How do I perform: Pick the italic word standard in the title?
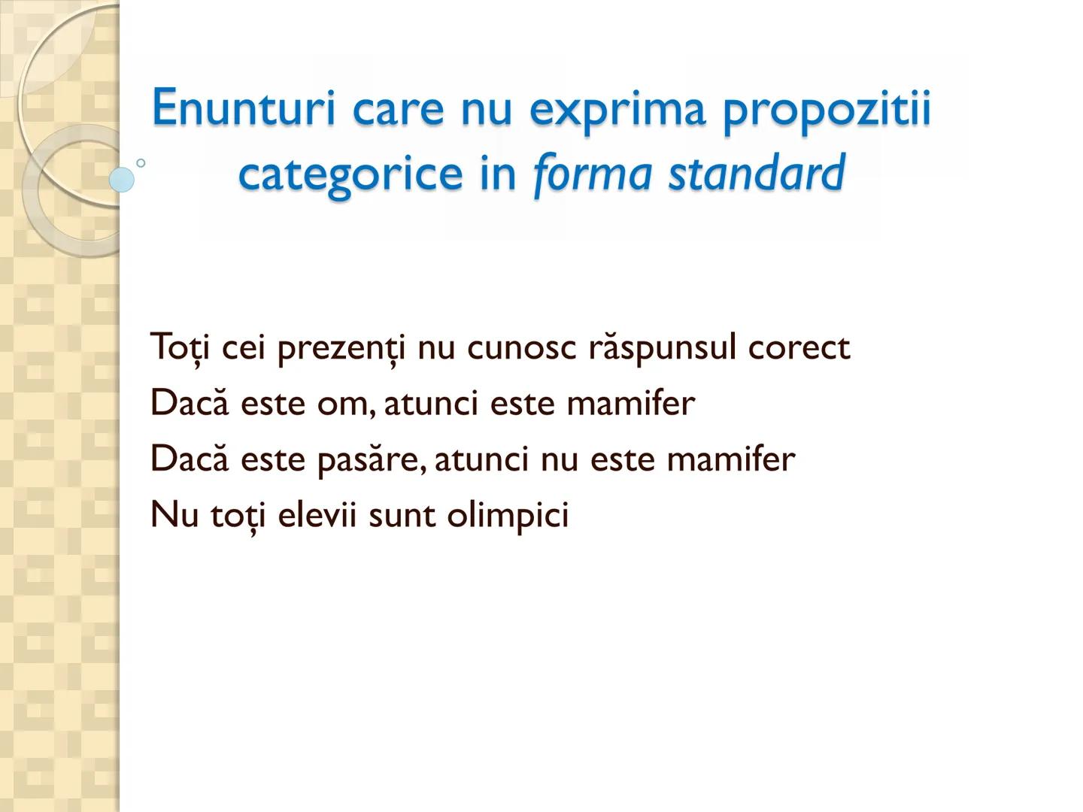tap(757, 173)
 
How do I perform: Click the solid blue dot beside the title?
tap(121, 180)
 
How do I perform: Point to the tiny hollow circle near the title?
tap(141, 162)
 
